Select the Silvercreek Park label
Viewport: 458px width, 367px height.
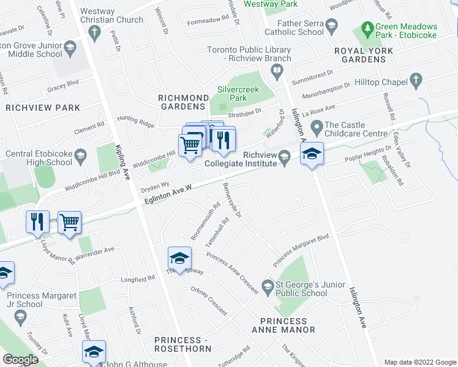pos(238,94)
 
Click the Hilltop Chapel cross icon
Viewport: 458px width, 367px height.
pos(416,81)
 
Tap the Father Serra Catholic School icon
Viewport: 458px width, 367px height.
pos(332,25)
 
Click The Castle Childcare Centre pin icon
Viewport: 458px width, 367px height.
pos(317,128)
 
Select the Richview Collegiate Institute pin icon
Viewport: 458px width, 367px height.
pos(284,158)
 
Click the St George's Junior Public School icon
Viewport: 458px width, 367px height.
pos(267,285)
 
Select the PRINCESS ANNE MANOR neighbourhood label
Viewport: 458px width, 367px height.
pos(287,325)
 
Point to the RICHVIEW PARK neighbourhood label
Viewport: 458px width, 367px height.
pos(43,108)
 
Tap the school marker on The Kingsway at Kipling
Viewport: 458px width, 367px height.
pos(179,257)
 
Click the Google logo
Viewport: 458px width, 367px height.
pos(20,360)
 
